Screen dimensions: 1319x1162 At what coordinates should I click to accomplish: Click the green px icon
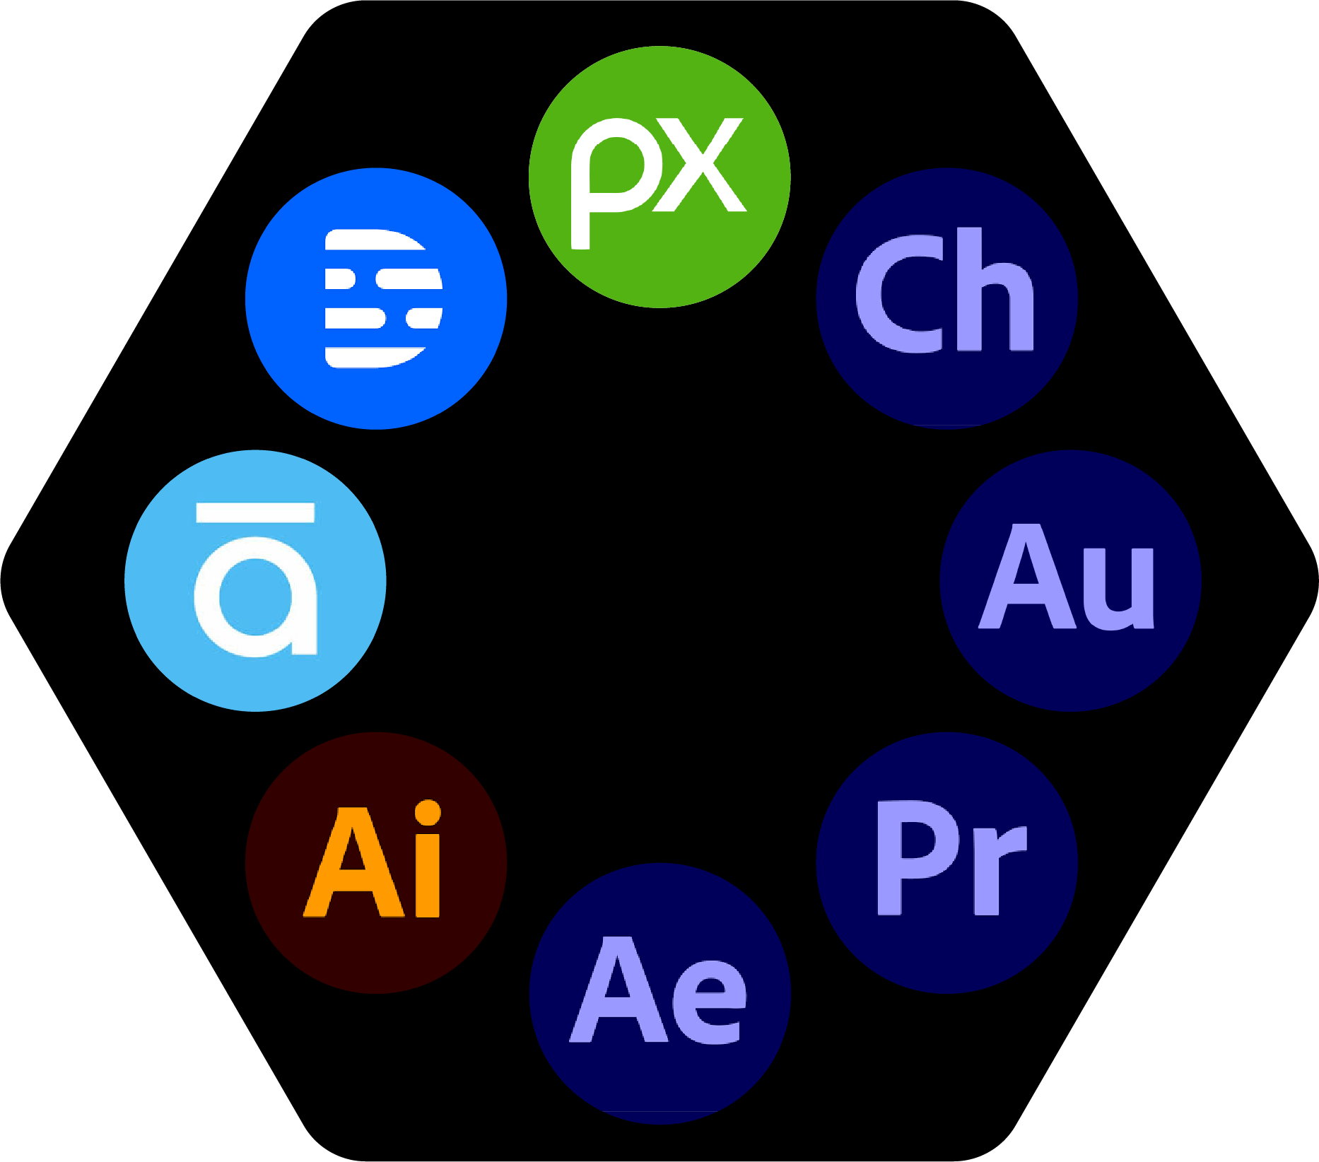(659, 177)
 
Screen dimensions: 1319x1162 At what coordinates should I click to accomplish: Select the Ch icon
(946, 298)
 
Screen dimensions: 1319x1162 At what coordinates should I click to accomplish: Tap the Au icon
(1070, 580)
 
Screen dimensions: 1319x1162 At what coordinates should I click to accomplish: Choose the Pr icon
(946, 862)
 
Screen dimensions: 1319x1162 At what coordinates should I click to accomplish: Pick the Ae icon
(659, 993)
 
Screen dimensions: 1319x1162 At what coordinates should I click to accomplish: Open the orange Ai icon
(376, 862)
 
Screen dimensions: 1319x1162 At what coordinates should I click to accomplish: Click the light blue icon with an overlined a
(255, 580)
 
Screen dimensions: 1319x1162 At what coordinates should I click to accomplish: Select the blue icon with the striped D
(376, 298)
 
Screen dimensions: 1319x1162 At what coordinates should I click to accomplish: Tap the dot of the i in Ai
(427, 813)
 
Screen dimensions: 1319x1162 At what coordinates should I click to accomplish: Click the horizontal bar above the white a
(255, 512)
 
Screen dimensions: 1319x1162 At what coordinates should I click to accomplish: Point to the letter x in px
(700, 165)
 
